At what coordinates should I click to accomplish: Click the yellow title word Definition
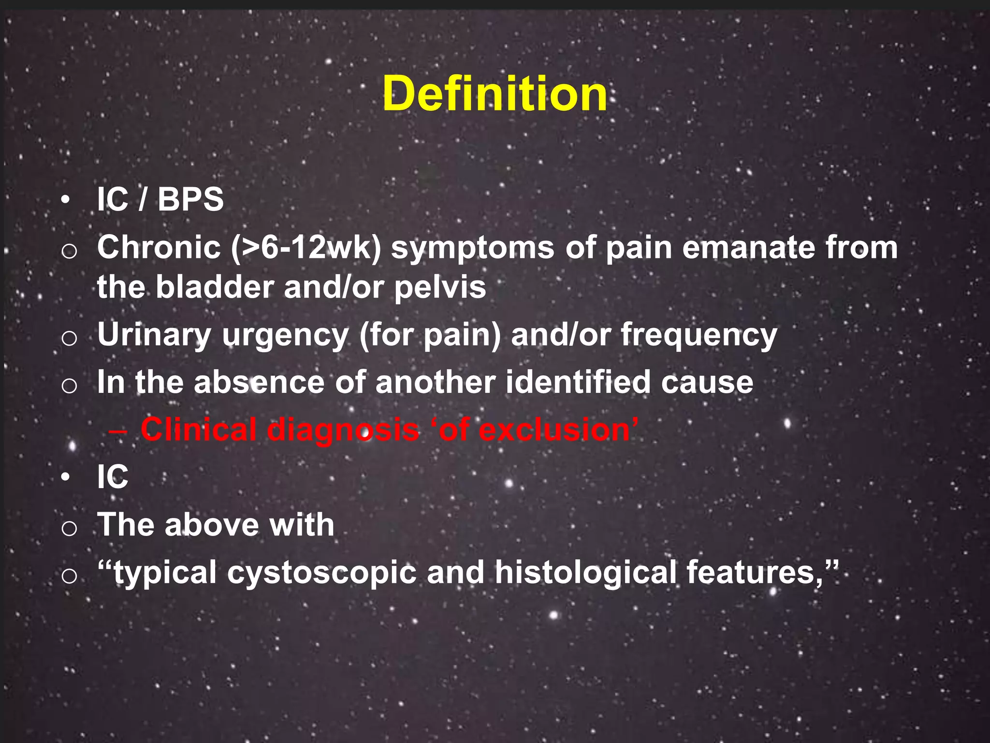click(495, 94)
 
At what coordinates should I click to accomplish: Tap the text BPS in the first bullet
click(190, 199)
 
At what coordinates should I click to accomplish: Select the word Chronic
click(159, 247)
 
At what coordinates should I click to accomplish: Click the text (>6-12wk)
click(306, 247)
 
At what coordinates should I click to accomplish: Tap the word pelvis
click(440, 288)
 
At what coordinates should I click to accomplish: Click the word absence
click(259, 382)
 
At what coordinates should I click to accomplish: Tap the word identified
click(578, 382)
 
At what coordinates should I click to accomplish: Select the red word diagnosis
click(343, 430)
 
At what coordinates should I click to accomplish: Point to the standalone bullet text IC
click(112, 477)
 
